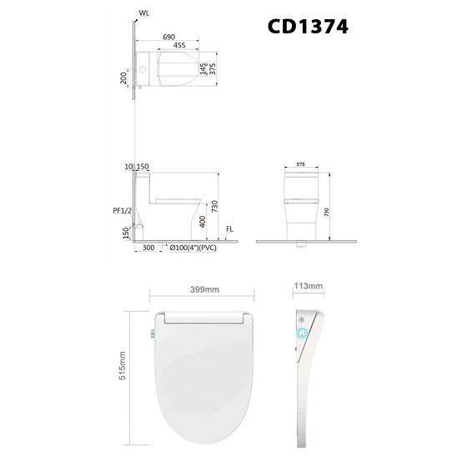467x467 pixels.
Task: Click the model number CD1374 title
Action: [x=308, y=27]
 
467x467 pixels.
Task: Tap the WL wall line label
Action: [x=143, y=13]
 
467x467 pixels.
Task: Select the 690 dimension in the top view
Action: [x=168, y=38]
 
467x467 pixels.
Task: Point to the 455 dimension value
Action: [x=179, y=45]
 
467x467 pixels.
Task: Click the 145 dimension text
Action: [x=203, y=68]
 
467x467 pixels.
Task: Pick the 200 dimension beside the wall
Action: [x=123, y=78]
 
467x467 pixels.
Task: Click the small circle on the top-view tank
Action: [x=143, y=69]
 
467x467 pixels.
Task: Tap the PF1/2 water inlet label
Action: [x=122, y=211]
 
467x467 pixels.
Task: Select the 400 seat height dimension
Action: [x=203, y=222]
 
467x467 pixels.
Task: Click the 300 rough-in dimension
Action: [x=148, y=248]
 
